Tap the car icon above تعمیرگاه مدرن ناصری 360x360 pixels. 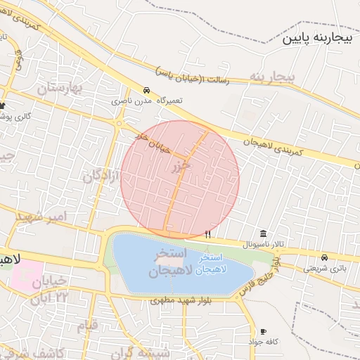point(146,91)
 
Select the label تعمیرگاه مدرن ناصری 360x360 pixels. point(144,102)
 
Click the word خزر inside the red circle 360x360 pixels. point(181,166)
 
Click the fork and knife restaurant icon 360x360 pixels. point(207,233)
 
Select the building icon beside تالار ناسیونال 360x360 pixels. point(263,233)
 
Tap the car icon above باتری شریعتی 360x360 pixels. point(324,257)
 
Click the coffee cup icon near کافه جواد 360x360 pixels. point(263,331)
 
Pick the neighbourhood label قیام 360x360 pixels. point(88,326)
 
